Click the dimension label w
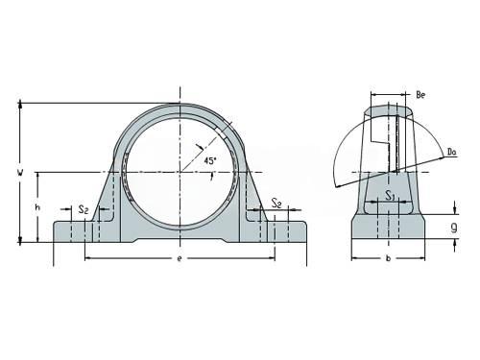pos(20,173)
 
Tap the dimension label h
pos(37,207)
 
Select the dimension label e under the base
pos(180,258)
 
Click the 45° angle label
pos(210,160)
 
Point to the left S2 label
pos(84,209)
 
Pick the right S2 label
pos(276,203)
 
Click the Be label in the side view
pos(420,95)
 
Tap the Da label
pos(451,152)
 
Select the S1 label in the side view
pos(389,195)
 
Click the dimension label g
pos(454,228)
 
